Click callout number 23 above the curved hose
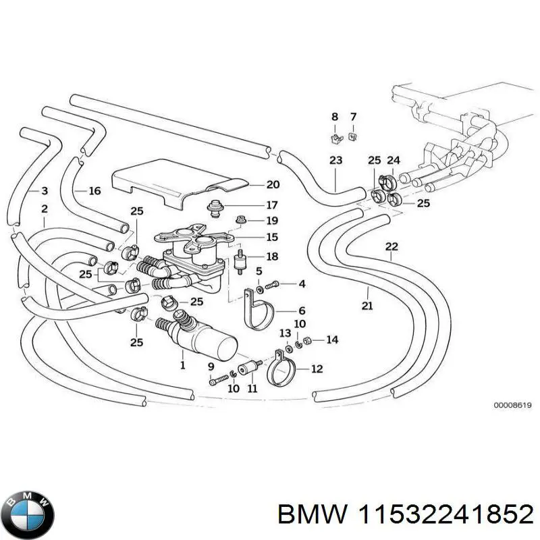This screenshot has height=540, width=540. coord(335,161)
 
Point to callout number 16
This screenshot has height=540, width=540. coord(94,191)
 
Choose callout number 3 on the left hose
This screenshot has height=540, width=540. coord(44,191)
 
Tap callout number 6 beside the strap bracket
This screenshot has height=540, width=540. coord(301,310)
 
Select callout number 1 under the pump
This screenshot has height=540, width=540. coord(182,366)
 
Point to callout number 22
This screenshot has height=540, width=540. coord(392,246)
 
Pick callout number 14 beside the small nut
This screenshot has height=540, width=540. coord(331,340)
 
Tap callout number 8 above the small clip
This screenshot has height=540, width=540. coord(334,117)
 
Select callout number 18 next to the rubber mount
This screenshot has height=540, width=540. coord(272,256)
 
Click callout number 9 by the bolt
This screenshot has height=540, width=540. coord(211,365)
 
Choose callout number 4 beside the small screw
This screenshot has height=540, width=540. coord(302,283)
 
